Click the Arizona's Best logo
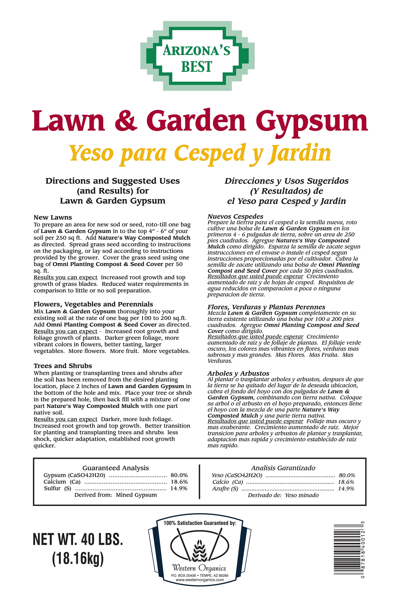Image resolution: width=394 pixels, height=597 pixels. point(197,56)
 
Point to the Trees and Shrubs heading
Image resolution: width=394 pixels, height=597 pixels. point(63,366)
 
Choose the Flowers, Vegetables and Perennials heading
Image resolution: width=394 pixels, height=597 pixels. point(93,304)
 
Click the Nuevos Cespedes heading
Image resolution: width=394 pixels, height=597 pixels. point(235,216)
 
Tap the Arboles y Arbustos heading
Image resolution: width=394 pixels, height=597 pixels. point(238,373)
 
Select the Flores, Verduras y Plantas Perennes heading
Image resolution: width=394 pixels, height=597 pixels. point(266,307)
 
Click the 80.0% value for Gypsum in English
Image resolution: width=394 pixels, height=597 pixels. point(179,475)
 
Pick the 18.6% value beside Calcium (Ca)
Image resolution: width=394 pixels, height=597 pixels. point(179,482)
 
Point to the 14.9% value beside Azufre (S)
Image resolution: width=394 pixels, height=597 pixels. point(346,489)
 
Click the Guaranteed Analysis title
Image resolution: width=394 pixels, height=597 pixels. point(116,468)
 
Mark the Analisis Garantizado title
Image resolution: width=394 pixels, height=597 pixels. point(283,468)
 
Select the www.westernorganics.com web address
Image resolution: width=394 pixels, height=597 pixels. point(200,580)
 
